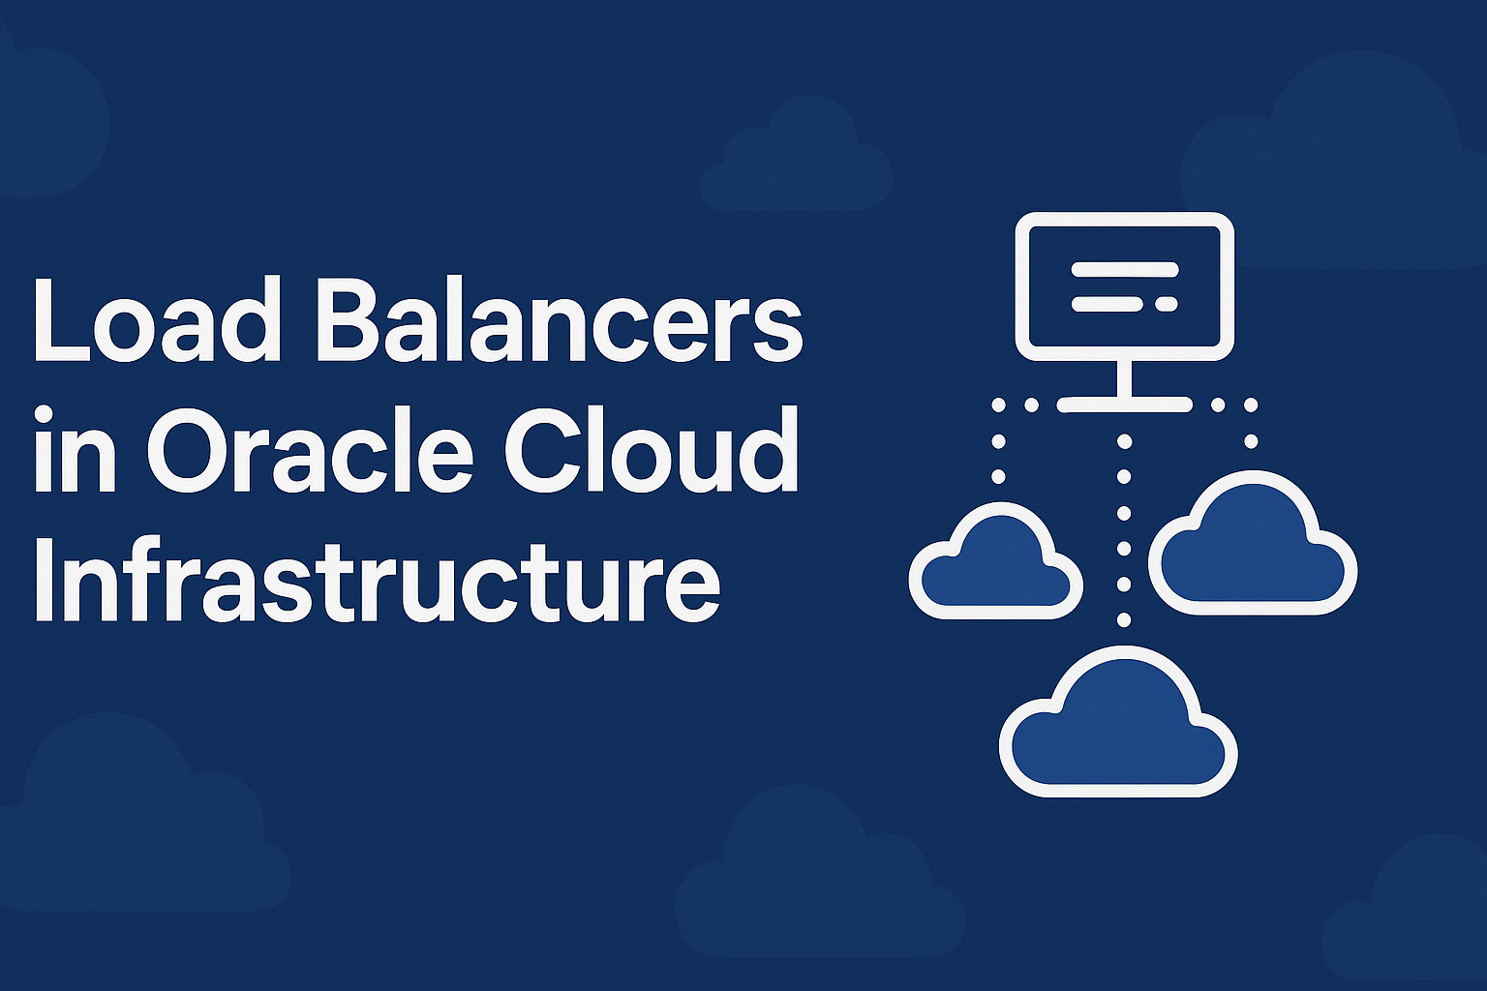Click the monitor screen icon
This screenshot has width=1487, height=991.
[1124, 286]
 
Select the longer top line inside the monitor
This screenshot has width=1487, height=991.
[1124, 269]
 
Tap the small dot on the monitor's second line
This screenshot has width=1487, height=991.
[1166, 304]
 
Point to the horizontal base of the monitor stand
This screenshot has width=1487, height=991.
[1124, 405]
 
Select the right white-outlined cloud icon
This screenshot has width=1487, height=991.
[1253, 547]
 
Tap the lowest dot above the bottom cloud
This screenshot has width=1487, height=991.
[1124, 619]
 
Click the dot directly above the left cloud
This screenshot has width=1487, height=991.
[998, 476]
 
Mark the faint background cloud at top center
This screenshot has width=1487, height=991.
[796, 160]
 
